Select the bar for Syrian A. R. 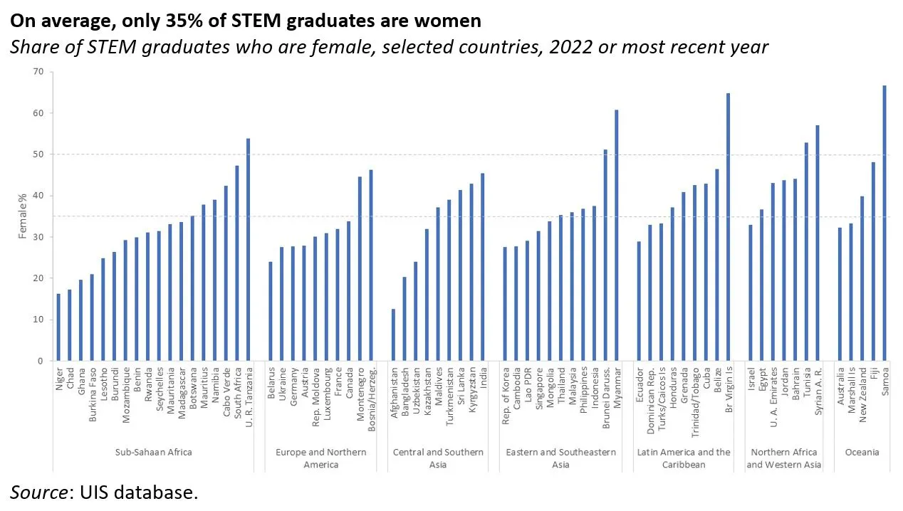click(x=818, y=243)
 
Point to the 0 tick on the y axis click(x=41, y=361)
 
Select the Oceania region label click(x=862, y=452)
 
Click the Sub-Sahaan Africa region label click(x=153, y=452)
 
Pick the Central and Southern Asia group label click(x=438, y=458)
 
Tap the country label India click(x=484, y=377)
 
